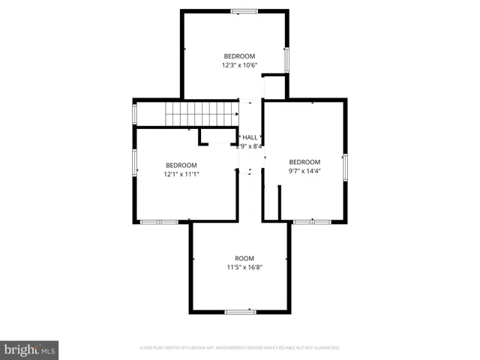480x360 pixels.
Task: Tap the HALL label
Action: pyautogui.click(x=250, y=137)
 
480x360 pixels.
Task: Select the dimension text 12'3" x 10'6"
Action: pyautogui.click(x=239, y=65)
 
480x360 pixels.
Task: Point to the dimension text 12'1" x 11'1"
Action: pyautogui.click(x=181, y=174)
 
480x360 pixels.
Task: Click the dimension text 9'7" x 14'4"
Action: pyautogui.click(x=304, y=171)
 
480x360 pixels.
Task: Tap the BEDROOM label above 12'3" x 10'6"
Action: pyautogui.click(x=239, y=56)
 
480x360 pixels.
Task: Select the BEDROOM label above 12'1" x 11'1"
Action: pyautogui.click(x=181, y=165)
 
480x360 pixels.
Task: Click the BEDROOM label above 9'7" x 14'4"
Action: pyautogui.click(x=304, y=162)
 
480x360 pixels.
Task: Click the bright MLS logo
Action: pyautogui.click(x=29, y=349)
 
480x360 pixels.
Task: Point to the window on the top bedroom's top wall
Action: pyautogui.click(x=243, y=11)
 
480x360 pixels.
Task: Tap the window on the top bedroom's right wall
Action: pyautogui.click(x=286, y=59)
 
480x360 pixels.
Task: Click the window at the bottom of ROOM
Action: pyautogui.click(x=241, y=311)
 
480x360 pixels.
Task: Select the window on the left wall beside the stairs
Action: pyautogui.click(x=135, y=113)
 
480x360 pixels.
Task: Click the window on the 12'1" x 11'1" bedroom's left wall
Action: pyautogui.click(x=135, y=163)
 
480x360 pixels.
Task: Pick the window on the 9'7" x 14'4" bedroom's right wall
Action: pyautogui.click(x=345, y=166)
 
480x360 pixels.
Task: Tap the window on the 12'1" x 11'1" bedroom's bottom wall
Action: pyautogui.click(x=159, y=221)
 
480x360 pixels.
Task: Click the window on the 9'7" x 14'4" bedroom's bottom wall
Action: pyautogui.click(x=312, y=221)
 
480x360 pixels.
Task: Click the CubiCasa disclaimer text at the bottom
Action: pyautogui.click(x=240, y=348)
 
